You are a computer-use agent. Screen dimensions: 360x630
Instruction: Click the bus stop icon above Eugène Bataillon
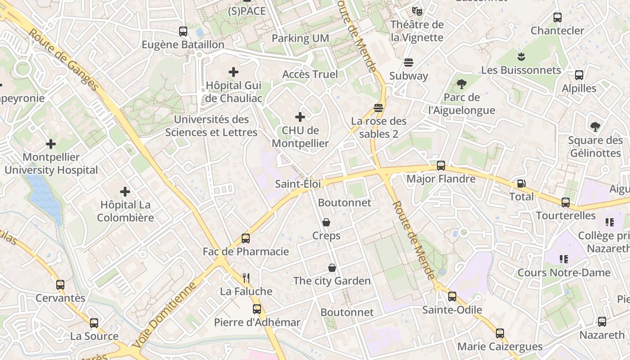pyautogui.click(x=183, y=31)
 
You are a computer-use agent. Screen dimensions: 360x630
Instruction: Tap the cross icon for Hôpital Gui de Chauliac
pyautogui.click(x=234, y=72)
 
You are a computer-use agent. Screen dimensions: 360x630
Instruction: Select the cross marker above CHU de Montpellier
pyautogui.click(x=300, y=117)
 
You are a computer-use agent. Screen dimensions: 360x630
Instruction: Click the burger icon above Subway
pyautogui.click(x=409, y=62)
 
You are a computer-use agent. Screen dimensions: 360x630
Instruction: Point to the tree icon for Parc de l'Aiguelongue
pyautogui.click(x=461, y=83)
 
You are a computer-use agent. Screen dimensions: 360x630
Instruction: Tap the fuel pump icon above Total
pyautogui.click(x=521, y=183)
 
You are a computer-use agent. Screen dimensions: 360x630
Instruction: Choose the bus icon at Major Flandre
pyautogui.click(x=441, y=165)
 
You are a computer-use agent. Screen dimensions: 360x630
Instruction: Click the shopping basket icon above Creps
pyautogui.click(x=326, y=222)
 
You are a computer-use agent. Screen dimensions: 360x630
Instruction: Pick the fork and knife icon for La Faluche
pyautogui.click(x=246, y=278)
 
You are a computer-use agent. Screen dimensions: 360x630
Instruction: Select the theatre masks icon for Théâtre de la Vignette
pyautogui.click(x=417, y=11)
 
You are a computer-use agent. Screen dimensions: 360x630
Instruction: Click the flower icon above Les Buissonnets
pyautogui.click(x=521, y=57)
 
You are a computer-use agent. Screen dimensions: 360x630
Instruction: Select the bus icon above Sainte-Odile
pyautogui.click(x=452, y=296)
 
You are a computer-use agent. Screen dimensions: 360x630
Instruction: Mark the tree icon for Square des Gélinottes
pyautogui.click(x=595, y=127)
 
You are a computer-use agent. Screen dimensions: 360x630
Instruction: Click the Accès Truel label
pyautogui.click(x=310, y=74)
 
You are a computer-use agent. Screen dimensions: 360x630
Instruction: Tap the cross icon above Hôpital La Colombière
pyautogui.click(x=125, y=192)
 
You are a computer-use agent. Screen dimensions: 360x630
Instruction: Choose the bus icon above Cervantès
pyautogui.click(x=60, y=284)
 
